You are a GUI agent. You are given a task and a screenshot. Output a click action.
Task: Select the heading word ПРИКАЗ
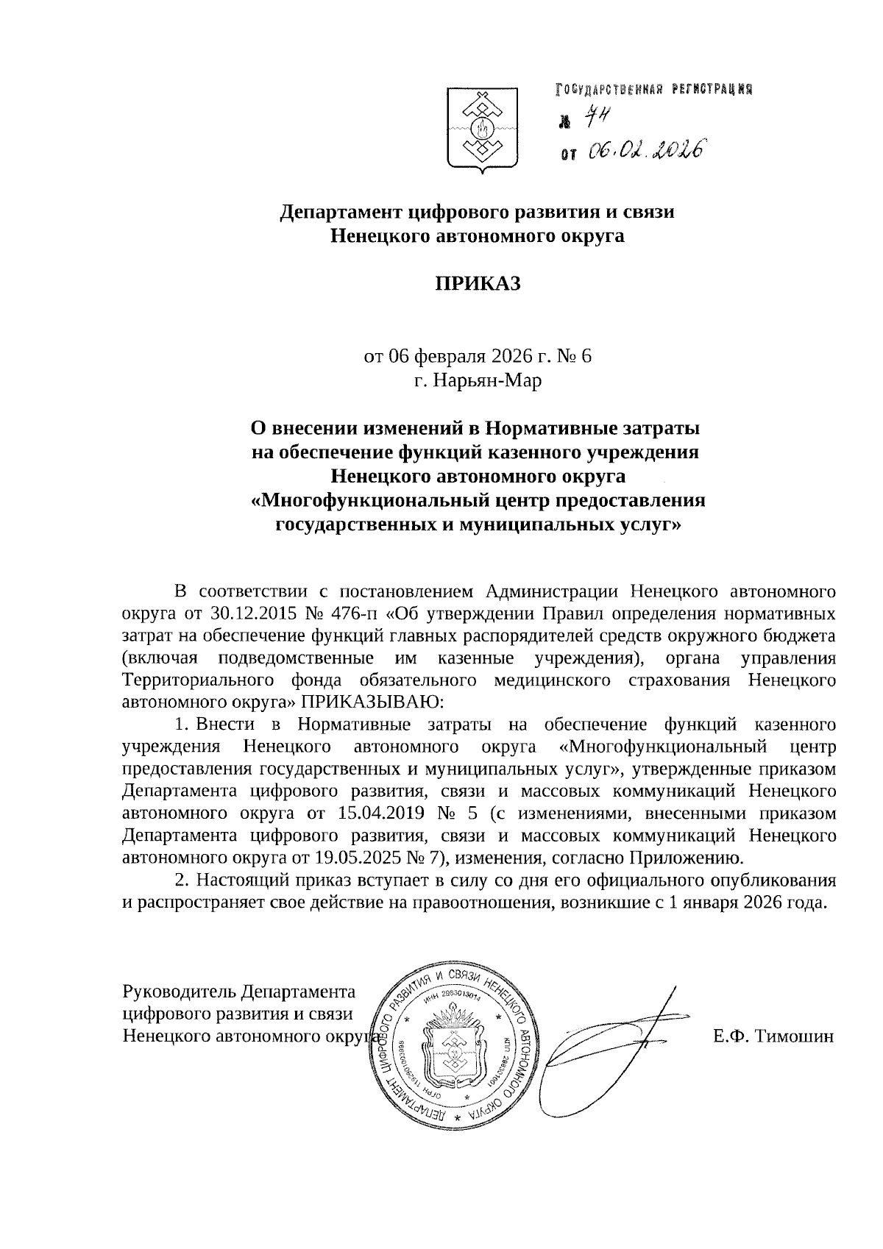(478, 283)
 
